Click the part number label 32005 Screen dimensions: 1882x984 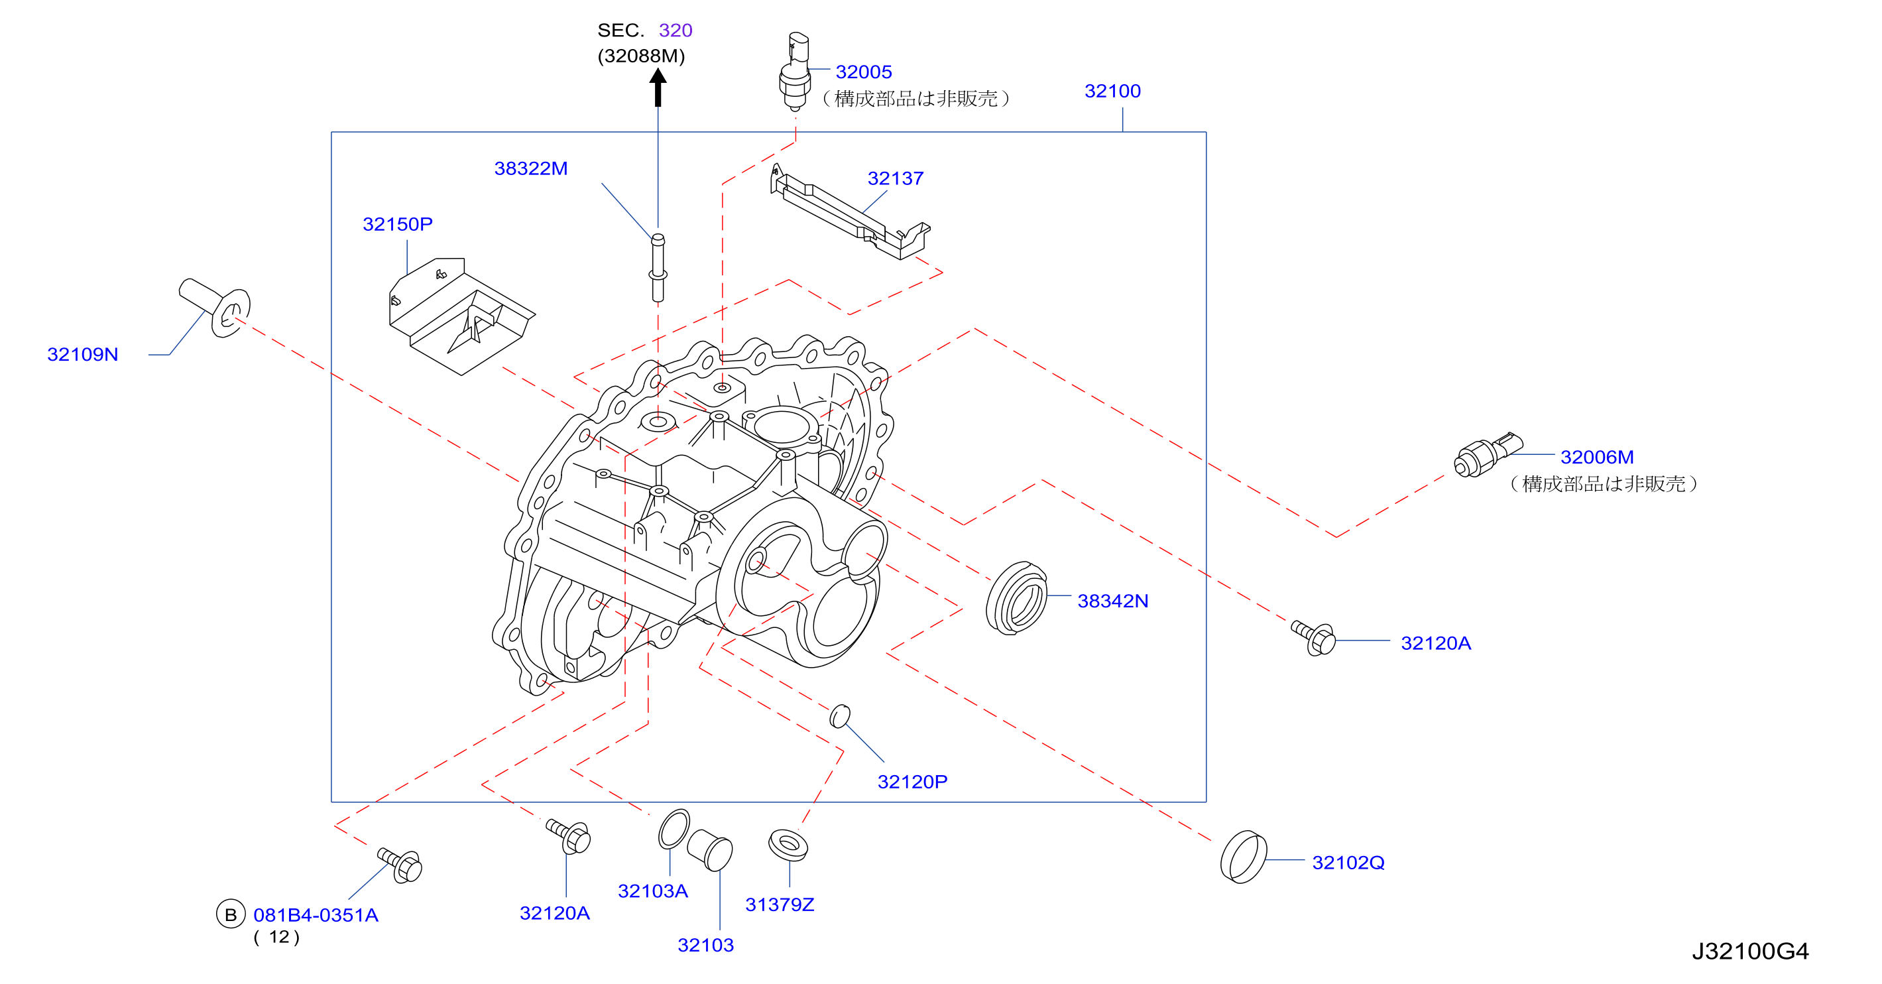click(864, 72)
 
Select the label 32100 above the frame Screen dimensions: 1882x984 click(1112, 91)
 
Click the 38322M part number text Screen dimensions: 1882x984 click(530, 168)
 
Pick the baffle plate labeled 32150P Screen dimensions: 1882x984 click(462, 316)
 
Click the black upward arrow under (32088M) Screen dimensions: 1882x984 click(658, 87)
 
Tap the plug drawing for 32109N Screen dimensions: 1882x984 click(215, 308)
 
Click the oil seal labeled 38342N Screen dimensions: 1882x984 click(1016, 597)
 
